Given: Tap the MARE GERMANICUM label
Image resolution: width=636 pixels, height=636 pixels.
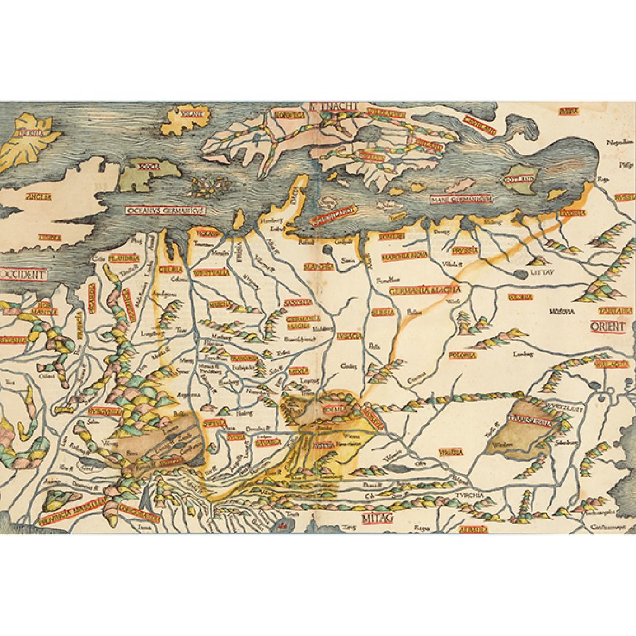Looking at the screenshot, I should coord(460,200).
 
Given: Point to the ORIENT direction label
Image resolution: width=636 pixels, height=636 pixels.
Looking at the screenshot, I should coord(608,327).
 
